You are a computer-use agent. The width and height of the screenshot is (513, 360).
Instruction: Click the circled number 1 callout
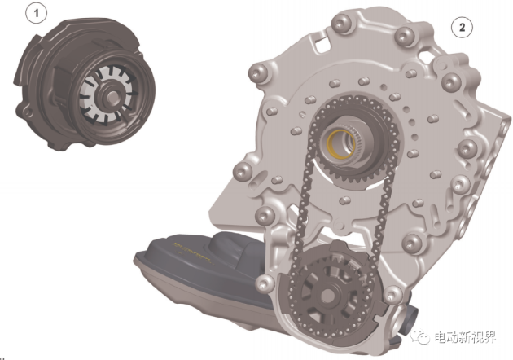pyautogui.click(x=34, y=14)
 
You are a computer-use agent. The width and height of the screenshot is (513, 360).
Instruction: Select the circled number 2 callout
pyautogui.click(x=461, y=27)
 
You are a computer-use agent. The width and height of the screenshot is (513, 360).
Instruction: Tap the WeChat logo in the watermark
pyautogui.click(x=441, y=336)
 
